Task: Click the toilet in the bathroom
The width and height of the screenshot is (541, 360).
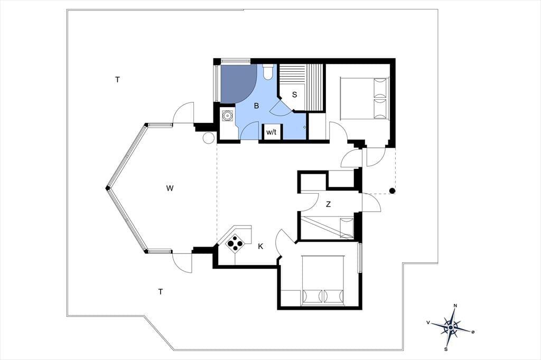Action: coord(268,71)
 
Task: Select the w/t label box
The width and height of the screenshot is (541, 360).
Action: coord(271,132)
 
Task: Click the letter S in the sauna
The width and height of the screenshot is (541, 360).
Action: coord(294,94)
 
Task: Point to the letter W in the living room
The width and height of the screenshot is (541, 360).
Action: coord(170,188)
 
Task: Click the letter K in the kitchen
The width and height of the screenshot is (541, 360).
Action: coord(260,246)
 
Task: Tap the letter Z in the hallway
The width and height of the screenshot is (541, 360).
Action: coord(328,204)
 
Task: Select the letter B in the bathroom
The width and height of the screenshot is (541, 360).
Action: coord(256,106)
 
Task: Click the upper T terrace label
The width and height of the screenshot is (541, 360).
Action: coord(117,80)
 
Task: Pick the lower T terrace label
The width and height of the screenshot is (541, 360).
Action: coord(161,292)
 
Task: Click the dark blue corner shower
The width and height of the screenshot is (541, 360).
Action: coord(237,83)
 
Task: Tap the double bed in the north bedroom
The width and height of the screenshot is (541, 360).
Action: coord(365,98)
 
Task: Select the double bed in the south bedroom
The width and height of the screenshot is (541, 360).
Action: coord(323,280)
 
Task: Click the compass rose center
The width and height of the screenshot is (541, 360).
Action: coord(451,327)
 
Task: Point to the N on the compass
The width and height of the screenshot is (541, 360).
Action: coord(455,306)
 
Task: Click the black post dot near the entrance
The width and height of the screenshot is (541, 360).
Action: coord(392,191)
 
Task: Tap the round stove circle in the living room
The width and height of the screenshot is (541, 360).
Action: coord(208,138)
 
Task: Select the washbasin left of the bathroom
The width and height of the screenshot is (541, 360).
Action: coord(227,115)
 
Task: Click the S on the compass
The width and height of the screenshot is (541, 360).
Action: coord(446,349)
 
